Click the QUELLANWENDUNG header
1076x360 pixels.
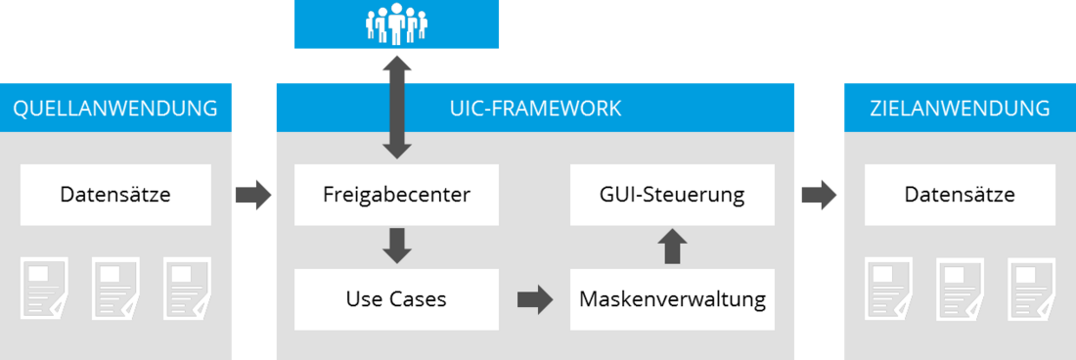[115, 108]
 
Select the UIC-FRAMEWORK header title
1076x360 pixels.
[535, 108]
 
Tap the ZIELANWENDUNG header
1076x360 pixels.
[960, 108]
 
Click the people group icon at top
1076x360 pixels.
[396, 24]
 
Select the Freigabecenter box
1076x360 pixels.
[396, 195]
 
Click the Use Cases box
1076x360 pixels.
[396, 299]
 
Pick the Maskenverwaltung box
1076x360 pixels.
[672, 299]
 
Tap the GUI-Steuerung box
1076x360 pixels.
[672, 195]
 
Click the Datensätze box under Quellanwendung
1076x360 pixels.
[115, 195]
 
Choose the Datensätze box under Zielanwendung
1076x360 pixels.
[960, 195]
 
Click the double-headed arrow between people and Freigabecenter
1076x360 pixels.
[396, 107]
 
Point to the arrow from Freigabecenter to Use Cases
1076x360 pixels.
[396, 246]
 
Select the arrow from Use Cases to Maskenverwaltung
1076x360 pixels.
[534, 299]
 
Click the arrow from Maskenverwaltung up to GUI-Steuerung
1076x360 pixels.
[671, 247]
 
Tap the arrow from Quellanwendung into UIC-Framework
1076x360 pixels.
[253, 195]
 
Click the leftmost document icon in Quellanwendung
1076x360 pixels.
[44, 288]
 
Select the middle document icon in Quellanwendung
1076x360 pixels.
[115, 288]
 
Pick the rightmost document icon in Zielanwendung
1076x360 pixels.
[1031, 288]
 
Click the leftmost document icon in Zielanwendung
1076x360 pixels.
[888, 288]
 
